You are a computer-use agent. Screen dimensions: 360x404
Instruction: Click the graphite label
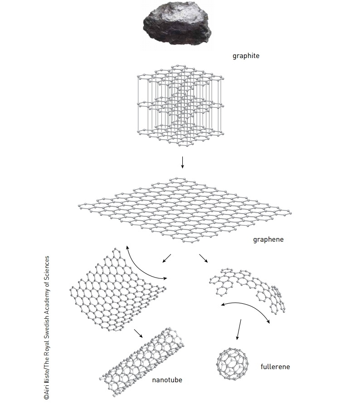[246, 56]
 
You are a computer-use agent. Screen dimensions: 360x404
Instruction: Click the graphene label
[268, 239]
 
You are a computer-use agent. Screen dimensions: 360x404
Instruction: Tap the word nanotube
[167, 380]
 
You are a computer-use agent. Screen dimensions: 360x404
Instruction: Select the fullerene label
[275, 366]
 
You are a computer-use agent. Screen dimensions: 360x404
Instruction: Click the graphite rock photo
[177, 23]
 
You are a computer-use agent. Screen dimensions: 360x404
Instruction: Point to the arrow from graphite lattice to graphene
[182, 162]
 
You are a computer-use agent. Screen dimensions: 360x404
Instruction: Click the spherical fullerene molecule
[233, 364]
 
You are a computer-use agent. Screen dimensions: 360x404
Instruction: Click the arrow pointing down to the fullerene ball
[239, 330]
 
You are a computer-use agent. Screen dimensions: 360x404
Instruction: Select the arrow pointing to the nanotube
[138, 333]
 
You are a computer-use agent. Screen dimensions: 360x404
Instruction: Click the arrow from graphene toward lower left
[166, 258]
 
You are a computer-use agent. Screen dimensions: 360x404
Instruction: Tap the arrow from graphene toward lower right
[203, 258]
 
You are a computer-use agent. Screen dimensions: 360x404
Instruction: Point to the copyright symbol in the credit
[46, 397]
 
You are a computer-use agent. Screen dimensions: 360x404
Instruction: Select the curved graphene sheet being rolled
[117, 289]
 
